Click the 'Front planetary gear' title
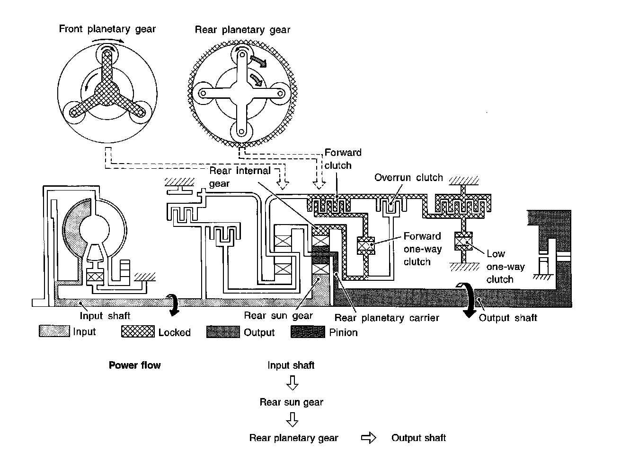click(x=107, y=29)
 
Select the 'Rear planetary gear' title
click(x=242, y=30)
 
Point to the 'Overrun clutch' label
click(x=408, y=178)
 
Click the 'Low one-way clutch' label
click(x=505, y=267)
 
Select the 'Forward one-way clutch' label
click(x=422, y=249)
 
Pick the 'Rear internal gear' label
click(x=240, y=176)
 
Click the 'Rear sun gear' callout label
click(x=278, y=315)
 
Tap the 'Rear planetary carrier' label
click(x=387, y=318)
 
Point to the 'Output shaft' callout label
click(x=508, y=318)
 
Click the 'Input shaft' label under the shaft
click(x=105, y=315)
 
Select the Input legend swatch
click(x=54, y=331)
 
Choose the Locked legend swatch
click(x=138, y=332)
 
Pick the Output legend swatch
click(x=223, y=332)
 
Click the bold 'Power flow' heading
click(x=134, y=365)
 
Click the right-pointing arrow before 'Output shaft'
click(x=368, y=438)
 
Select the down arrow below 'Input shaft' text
click(x=293, y=382)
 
